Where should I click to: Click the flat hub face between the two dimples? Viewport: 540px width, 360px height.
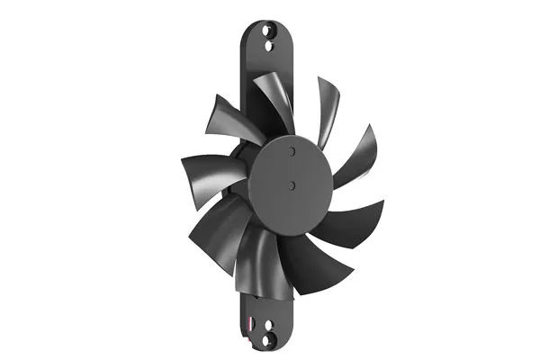292,169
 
